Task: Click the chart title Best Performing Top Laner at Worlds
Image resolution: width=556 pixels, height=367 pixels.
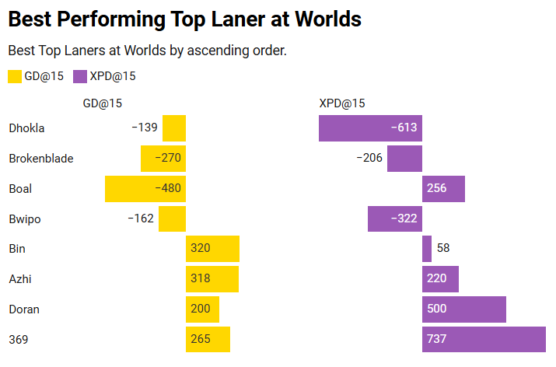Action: [185, 19]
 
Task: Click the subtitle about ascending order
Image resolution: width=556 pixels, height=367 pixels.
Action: [148, 51]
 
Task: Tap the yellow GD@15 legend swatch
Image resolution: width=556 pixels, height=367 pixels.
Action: [15, 76]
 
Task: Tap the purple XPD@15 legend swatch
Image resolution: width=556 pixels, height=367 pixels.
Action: [79, 76]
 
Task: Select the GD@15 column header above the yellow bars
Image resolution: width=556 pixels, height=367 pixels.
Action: [103, 103]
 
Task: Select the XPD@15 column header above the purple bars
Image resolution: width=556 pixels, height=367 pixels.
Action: [342, 103]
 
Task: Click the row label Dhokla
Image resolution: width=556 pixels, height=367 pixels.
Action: [26, 128]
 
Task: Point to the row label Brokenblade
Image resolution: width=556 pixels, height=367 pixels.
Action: [41, 159]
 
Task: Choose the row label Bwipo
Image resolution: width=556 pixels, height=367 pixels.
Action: [25, 219]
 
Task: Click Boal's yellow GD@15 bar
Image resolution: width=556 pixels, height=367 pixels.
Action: [145, 189]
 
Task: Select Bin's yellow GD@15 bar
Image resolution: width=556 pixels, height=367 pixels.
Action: [212, 250]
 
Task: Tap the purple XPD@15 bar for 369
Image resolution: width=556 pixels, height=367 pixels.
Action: [484, 340]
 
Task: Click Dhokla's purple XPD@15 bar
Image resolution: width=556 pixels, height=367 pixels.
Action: [370, 128]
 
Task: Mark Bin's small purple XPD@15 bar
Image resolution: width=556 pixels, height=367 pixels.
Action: [427, 250]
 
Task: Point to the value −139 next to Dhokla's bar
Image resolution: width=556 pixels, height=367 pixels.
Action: [145, 128]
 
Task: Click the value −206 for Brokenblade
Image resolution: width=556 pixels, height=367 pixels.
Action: [369, 159]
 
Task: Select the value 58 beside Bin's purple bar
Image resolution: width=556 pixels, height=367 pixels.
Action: [443, 250]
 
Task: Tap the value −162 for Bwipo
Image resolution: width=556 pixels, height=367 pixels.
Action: [141, 219]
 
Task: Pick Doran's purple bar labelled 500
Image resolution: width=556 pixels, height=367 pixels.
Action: [463, 309]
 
